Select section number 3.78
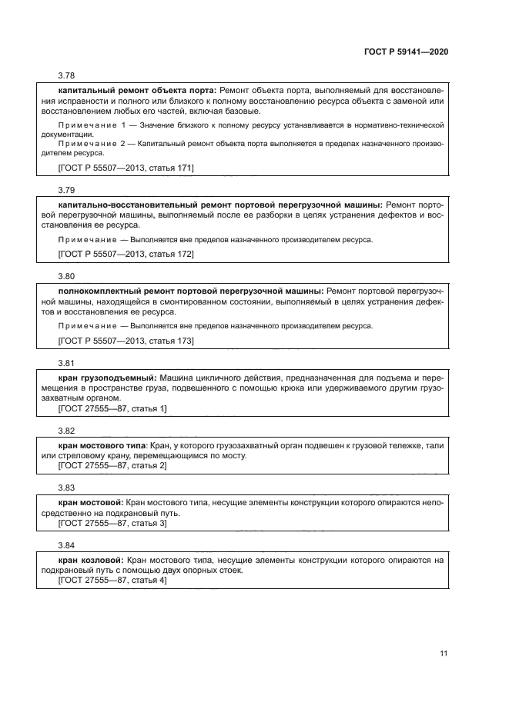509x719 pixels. point(66,76)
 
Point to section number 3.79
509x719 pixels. point(66,189)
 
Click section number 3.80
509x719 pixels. point(66,275)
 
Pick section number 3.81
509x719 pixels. point(66,361)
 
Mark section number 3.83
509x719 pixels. point(66,488)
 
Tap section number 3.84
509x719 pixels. point(66,545)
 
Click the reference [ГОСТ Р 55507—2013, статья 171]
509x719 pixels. point(126,168)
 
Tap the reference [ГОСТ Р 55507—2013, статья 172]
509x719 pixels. point(126,254)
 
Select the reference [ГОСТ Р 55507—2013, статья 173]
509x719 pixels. point(126,340)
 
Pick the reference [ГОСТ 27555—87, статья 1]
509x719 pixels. point(112,408)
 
